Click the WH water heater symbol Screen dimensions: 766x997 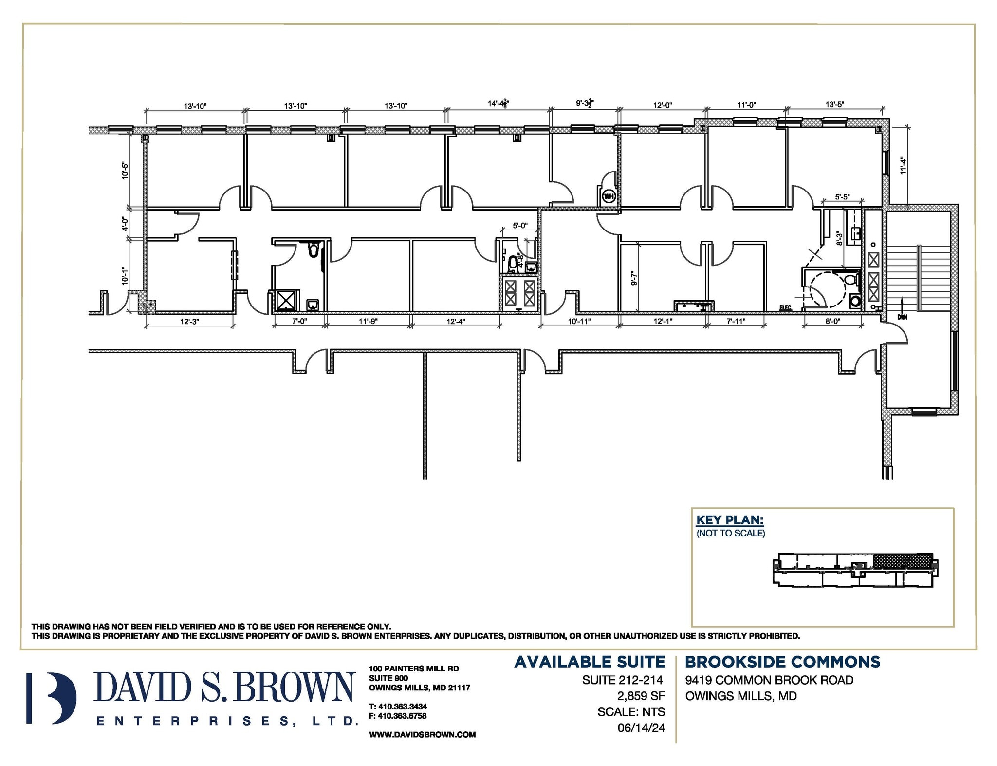[x=609, y=196]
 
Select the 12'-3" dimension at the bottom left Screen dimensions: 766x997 [x=189, y=322]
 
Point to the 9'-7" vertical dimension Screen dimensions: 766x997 [x=634, y=278]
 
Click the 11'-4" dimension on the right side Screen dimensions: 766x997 [x=903, y=166]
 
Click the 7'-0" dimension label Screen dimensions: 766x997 [x=299, y=322]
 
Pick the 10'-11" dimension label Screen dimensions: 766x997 [x=579, y=322]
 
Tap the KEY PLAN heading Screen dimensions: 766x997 [x=730, y=520]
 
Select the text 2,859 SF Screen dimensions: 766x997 [x=641, y=696]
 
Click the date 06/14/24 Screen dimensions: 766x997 [x=641, y=728]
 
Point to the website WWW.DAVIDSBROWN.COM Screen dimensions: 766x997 [x=422, y=735]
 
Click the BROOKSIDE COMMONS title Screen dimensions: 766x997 [x=782, y=662]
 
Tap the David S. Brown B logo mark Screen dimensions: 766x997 [x=52, y=698]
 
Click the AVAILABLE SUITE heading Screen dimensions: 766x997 [x=590, y=662]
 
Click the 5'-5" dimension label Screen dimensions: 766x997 [x=842, y=197]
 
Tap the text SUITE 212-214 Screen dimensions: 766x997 [x=623, y=680]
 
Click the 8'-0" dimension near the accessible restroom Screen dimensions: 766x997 [x=832, y=322]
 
